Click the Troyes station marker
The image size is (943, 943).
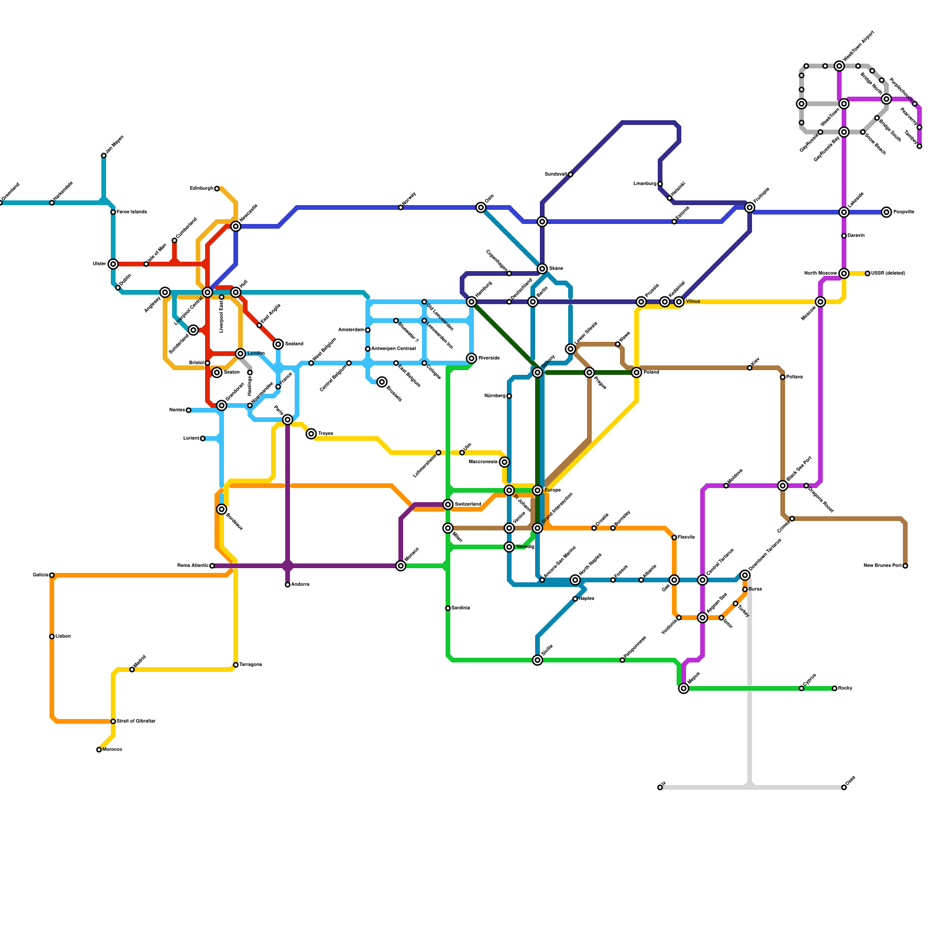(311, 434)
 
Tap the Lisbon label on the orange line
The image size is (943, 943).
(63, 637)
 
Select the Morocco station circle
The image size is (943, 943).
(99, 750)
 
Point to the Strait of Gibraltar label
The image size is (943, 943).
(136, 721)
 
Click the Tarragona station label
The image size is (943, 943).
(250, 665)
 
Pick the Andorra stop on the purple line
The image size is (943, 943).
(288, 585)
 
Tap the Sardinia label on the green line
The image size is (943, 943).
(461, 608)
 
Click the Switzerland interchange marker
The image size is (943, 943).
(448, 505)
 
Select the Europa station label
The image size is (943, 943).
(552, 490)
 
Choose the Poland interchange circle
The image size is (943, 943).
(637, 372)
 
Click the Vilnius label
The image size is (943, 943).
(693, 302)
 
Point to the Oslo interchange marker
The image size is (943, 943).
(481, 207)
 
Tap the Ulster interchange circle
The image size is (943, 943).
(113, 264)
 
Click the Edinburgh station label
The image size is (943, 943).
(201, 189)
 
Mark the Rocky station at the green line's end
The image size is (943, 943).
(835, 688)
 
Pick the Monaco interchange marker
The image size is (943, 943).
(401, 566)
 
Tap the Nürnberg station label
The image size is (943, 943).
(495, 396)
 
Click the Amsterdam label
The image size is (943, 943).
(352, 330)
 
